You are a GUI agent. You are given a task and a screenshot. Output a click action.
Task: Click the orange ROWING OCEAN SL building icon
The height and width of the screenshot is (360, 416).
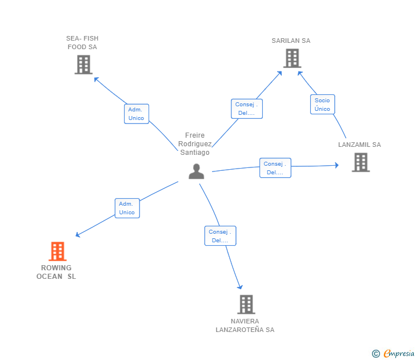tap(58, 251)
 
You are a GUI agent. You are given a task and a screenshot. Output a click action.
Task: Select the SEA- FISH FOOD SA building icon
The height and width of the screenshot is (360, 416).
tap(83, 65)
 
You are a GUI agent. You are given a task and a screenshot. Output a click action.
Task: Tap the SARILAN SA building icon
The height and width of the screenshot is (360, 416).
tap(292, 58)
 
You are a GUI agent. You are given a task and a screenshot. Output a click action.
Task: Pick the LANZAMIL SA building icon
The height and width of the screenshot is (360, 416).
tap(361, 162)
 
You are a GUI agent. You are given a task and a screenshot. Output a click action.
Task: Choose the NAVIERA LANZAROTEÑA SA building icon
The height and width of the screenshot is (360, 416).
tap(246, 305)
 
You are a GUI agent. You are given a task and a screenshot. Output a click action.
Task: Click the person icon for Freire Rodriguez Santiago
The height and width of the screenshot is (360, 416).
tap(197, 171)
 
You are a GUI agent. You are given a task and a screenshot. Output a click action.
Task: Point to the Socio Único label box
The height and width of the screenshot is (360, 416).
tap(323, 104)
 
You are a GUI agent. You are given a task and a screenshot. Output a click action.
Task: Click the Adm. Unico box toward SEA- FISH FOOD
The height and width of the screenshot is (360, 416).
tap(137, 114)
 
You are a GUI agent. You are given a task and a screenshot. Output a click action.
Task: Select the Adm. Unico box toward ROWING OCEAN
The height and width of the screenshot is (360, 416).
tap(127, 208)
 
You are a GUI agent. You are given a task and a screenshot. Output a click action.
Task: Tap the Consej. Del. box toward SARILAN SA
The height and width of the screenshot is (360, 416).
tap(247, 109)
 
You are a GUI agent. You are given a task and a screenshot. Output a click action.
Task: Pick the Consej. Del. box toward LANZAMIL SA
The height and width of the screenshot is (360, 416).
tap(275, 168)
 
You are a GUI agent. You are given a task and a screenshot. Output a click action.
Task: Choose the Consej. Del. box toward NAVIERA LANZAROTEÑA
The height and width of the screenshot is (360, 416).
tap(220, 236)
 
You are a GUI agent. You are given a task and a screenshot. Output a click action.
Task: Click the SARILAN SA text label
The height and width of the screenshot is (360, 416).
tap(291, 41)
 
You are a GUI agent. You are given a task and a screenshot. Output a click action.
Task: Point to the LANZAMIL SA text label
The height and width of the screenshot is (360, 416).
tap(359, 145)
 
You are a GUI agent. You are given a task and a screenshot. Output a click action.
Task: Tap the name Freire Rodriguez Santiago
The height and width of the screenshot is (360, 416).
tap(195, 144)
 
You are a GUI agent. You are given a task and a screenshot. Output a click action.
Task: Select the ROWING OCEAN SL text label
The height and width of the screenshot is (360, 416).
tap(56, 272)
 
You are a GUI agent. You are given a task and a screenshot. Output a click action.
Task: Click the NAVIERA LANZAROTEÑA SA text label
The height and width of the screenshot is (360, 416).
tap(245, 326)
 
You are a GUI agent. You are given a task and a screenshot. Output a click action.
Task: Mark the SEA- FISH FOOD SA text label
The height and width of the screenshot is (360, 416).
tap(82, 43)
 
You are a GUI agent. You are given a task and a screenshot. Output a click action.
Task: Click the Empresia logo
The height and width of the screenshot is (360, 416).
tap(393, 353)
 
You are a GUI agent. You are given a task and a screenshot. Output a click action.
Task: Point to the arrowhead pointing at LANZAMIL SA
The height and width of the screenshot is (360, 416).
tap(337, 165)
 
